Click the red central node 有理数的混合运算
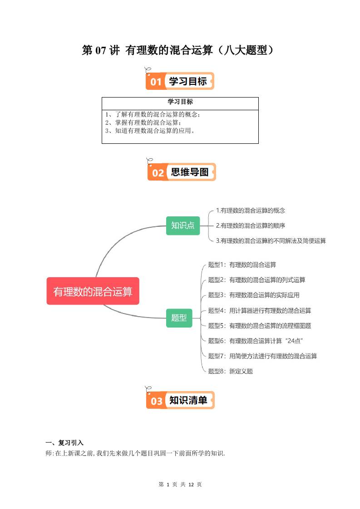(93, 291)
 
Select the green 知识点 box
(182, 225)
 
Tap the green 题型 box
(179, 318)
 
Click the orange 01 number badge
(156, 82)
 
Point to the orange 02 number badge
(158, 173)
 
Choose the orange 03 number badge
(157, 401)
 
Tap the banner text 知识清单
(188, 401)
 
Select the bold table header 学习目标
(180, 102)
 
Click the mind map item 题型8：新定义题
(230, 371)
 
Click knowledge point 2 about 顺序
(250, 225)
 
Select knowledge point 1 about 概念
(250, 210)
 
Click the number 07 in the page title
(100, 50)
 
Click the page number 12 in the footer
(191, 485)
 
